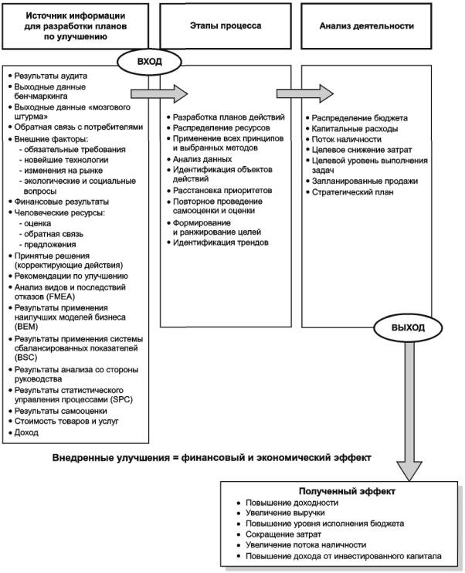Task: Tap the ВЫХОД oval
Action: point(408,327)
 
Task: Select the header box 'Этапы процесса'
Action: point(226,26)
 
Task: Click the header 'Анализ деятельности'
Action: point(366,26)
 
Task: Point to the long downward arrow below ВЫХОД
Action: point(409,411)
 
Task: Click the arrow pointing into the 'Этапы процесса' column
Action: point(159,94)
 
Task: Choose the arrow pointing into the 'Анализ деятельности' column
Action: point(305,94)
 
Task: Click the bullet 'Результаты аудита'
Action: point(51,76)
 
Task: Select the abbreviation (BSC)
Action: point(26,358)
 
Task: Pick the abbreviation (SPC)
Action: point(123,399)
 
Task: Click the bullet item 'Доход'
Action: point(26,432)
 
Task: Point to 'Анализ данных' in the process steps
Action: point(202,159)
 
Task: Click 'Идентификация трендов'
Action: point(221,242)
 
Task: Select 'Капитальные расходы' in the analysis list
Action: point(355,129)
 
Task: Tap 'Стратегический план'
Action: point(352,192)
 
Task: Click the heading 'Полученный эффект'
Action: point(347,491)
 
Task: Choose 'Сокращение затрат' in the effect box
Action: point(283,534)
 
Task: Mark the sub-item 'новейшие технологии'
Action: point(66,160)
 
